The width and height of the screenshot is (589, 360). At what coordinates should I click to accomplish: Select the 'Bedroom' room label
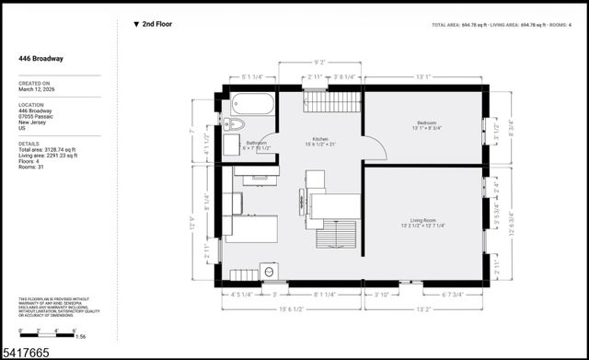point(425,122)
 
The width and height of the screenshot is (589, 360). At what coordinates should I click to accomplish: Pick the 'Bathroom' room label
point(256,145)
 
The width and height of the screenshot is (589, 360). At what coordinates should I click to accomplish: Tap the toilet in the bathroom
point(233,124)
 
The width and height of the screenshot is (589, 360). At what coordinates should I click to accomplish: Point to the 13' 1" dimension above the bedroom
point(424,77)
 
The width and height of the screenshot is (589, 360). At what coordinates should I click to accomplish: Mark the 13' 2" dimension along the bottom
point(424,309)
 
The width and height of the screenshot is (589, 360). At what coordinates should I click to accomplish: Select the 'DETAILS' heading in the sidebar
point(29,144)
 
